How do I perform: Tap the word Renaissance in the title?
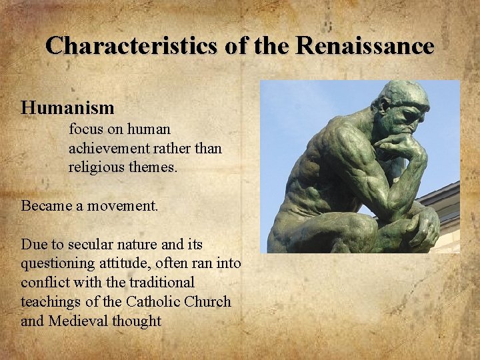click(x=365, y=46)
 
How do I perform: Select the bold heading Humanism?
click(x=67, y=107)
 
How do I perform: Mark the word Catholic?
click(x=150, y=301)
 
